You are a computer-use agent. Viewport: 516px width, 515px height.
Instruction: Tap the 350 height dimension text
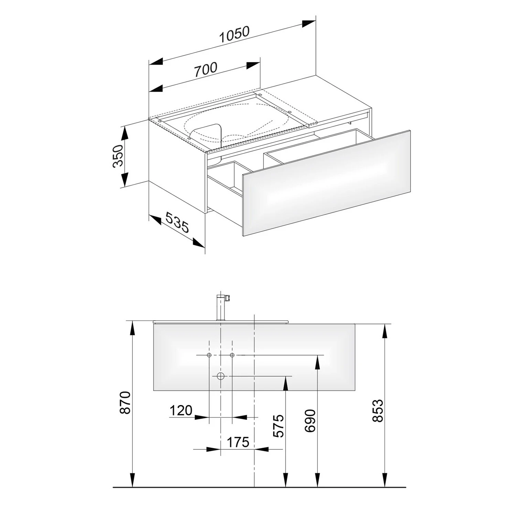coord(118,156)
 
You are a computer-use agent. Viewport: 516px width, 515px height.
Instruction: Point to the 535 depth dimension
coord(177,222)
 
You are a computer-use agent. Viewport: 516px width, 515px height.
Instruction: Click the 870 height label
coord(126,402)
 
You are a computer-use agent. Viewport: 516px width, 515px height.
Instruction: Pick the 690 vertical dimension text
coord(310,421)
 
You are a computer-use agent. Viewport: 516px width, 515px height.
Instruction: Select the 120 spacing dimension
coord(181,410)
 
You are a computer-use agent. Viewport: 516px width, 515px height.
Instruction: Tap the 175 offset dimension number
coord(238,442)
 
